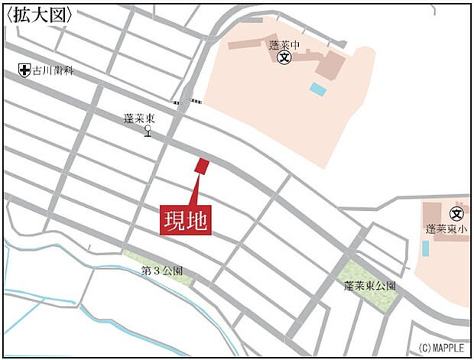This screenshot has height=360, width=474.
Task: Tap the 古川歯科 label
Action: pos(53,70)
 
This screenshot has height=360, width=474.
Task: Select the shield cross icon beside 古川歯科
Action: pos(24,70)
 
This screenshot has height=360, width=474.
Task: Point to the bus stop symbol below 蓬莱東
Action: pos(148,132)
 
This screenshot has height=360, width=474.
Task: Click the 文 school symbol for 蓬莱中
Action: pos(284,57)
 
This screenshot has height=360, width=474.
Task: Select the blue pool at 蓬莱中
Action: pos(317,89)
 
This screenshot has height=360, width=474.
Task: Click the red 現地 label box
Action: pos(185,219)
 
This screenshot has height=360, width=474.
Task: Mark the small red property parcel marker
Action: pos(203,166)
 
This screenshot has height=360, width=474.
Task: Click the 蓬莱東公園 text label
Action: pos(370,285)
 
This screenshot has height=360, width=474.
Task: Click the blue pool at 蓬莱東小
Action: pos(425,248)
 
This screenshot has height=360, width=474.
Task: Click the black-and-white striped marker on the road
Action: pos(188,102)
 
